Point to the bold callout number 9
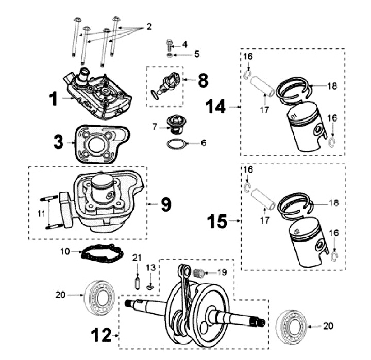tap(165, 204)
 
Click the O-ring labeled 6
tap(175, 143)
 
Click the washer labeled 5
tap(170, 55)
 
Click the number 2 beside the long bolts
tap(149, 26)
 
